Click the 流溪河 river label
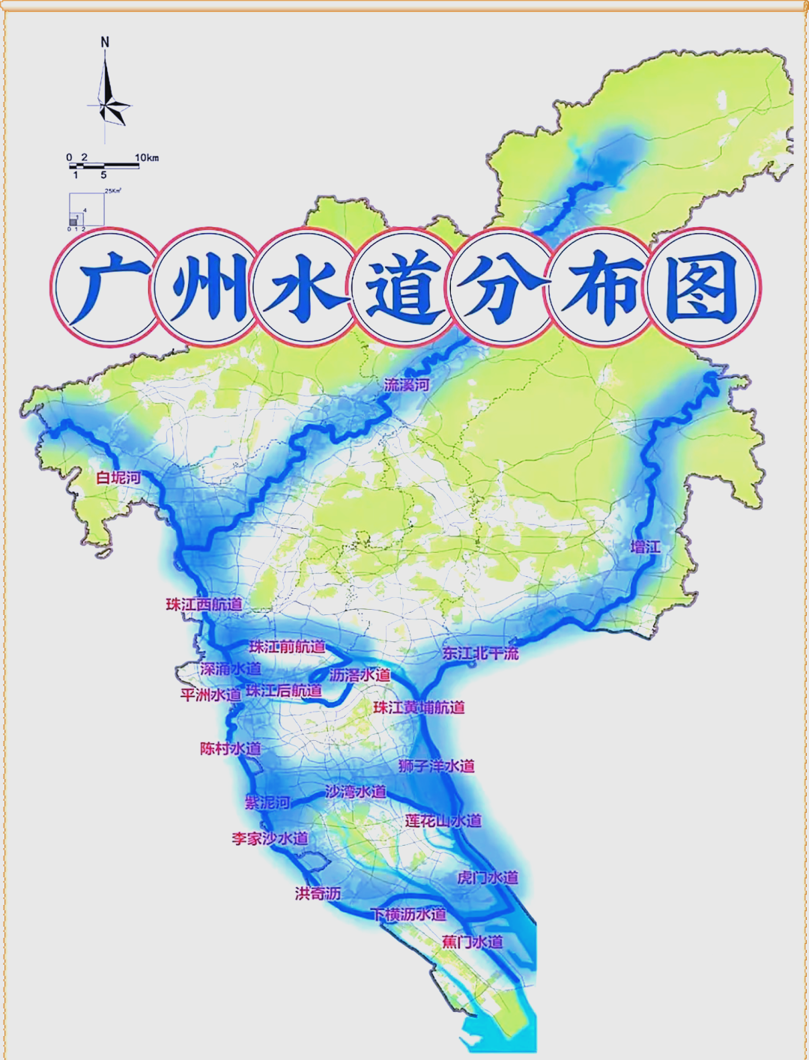(407, 385)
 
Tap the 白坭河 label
(118, 477)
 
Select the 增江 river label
(645, 547)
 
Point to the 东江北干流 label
(480, 653)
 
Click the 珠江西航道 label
(204, 604)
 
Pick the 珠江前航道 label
(287, 646)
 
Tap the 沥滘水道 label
(360, 675)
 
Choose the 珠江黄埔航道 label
(419, 707)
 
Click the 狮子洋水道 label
(437, 766)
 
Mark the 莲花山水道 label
(443, 820)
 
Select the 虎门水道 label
(488, 877)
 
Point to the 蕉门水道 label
(472, 942)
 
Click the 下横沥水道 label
(409, 914)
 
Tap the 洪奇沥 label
(318, 893)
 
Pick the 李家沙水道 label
(270, 838)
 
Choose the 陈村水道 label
(231, 748)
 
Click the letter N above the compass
(105, 43)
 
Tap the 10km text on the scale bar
(147, 157)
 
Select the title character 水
(304, 288)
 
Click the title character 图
(702, 288)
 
